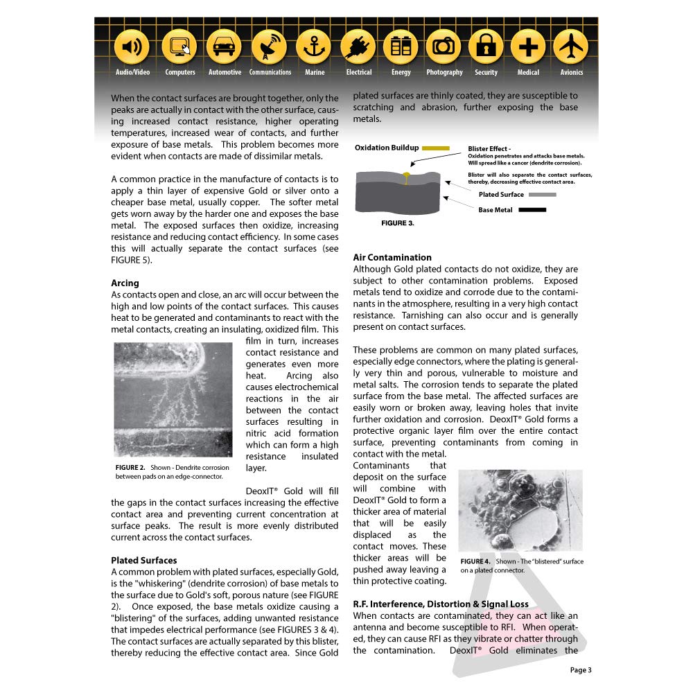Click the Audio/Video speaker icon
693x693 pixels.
[x=132, y=47]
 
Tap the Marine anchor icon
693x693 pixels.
[x=314, y=47]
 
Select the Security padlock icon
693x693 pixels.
[x=486, y=47]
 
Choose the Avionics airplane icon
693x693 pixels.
[x=571, y=47]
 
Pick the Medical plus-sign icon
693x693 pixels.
[x=528, y=47]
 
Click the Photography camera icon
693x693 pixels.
[x=444, y=47]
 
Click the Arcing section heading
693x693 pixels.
[x=125, y=283]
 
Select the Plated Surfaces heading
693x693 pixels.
[x=143, y=560]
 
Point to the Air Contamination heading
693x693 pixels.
[x=392, y=258]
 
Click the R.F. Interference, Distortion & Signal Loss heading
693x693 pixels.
[x=441, y=604]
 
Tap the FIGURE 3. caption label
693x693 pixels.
[x=398, y=224]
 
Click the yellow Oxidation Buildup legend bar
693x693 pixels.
[x=436, y=148]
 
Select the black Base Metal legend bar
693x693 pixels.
[x=532, y=210]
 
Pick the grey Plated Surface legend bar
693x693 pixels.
[x=543, y=195]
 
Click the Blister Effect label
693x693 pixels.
[x=489, y=149]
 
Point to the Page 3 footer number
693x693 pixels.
[x=581, y=669]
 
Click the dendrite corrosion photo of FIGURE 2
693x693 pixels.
[x=173, y=400]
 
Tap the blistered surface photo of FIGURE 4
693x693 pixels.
[x=520, y=510]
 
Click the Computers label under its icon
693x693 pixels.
[x=180, y=72]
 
